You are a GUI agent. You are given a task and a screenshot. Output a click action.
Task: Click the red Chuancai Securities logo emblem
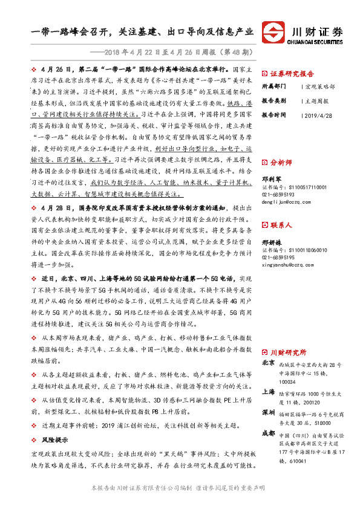(x=276, y=33)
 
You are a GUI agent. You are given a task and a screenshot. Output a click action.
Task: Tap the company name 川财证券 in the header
(x=317, y=30)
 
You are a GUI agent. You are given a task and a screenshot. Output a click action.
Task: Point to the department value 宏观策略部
(x=321, y=86)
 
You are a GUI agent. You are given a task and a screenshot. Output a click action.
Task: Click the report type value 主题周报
(x=318, y=100)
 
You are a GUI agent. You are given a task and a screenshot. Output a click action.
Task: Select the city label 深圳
(x=269, y=412)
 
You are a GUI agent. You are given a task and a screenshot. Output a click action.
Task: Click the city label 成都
(x=269, y=433)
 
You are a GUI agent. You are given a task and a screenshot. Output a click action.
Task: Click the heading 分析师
(x=281, y=163)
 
